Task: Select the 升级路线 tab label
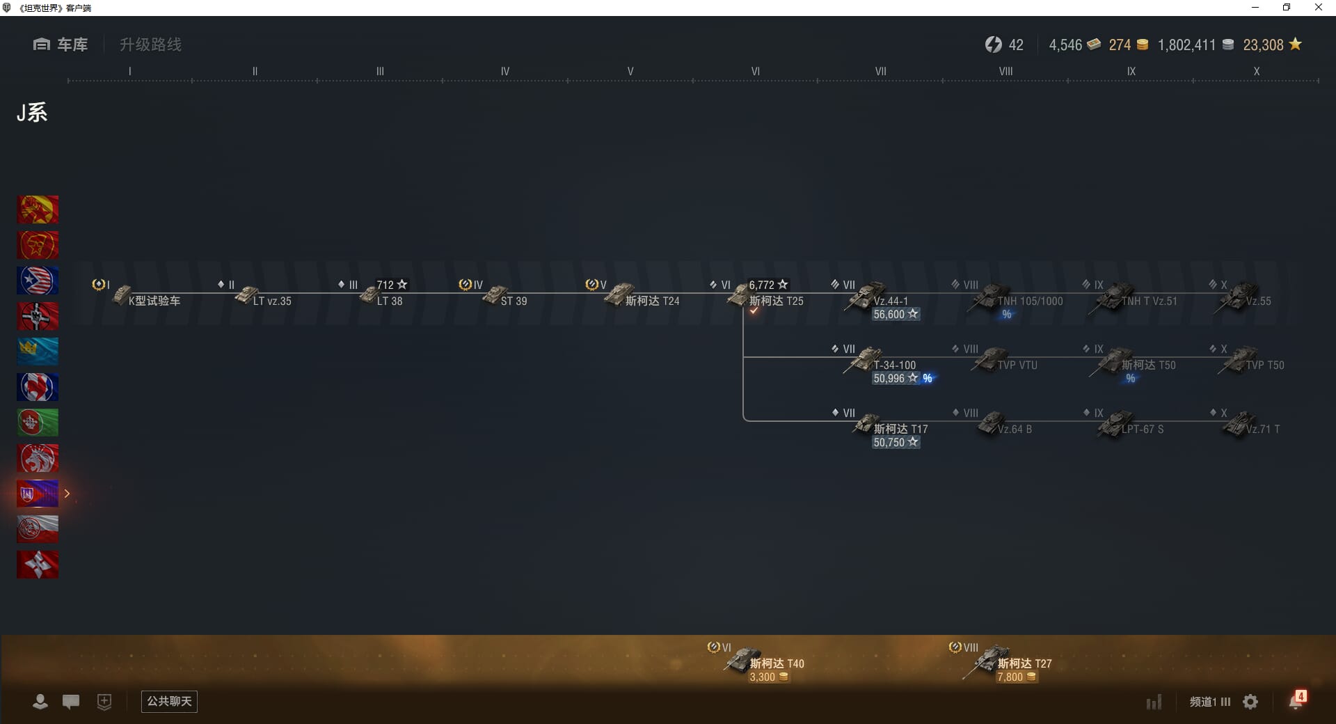pos(150,45)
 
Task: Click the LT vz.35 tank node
pos(271,301)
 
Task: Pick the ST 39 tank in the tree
pos(513,301)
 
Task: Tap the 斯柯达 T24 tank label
pos(651,301)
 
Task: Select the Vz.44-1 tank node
pos(890,301)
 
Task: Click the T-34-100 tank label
pos(894,365)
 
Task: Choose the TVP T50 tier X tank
pos(1264,365)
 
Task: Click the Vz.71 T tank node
pos(1262,429)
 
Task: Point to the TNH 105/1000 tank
pos(1029,301)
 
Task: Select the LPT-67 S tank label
pos(1142,429)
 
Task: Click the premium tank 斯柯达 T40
pos(776,663)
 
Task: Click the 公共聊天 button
pos(169,701)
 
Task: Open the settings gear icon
pos(1250,702)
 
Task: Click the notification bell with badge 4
pos(1296,700)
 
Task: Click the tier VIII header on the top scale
pos(1005,71)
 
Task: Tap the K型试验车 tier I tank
pos(153,301)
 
